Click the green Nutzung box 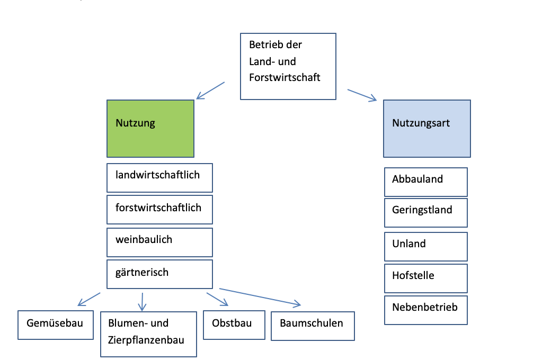coord(150,129)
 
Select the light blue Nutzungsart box coord(427,129)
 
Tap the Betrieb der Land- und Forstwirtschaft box coord(288,66)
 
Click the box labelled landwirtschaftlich coord(159,178)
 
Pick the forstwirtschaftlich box coord(159,210)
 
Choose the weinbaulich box coord(159,242)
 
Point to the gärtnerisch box coord(159,274)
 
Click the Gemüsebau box coord(55,325)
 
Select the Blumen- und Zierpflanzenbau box coord(148,334)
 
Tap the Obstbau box coord(234,325)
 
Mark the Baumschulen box coord(313,326)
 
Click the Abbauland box coord(425,182)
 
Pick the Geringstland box coord(425,212)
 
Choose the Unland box coord(425,246)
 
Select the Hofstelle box coord(425,278)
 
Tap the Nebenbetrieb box coord(425,310)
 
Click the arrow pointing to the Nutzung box coord(210,91)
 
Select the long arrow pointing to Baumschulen coord(260,297)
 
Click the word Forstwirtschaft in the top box coord(285,77)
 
